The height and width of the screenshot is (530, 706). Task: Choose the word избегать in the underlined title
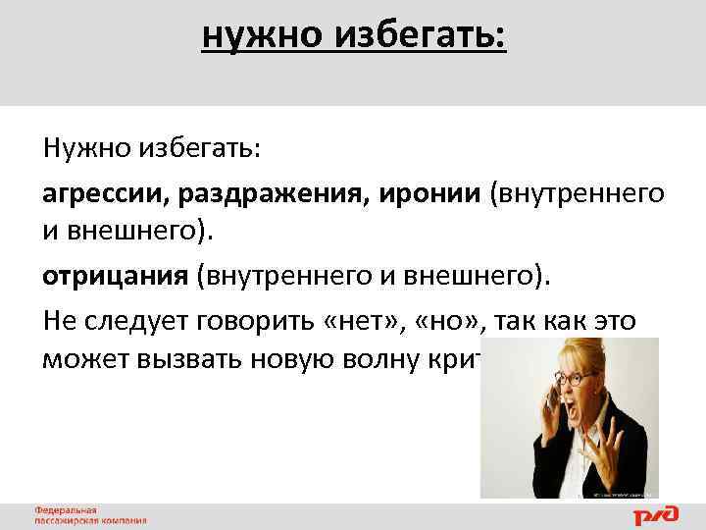pos(422,37)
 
